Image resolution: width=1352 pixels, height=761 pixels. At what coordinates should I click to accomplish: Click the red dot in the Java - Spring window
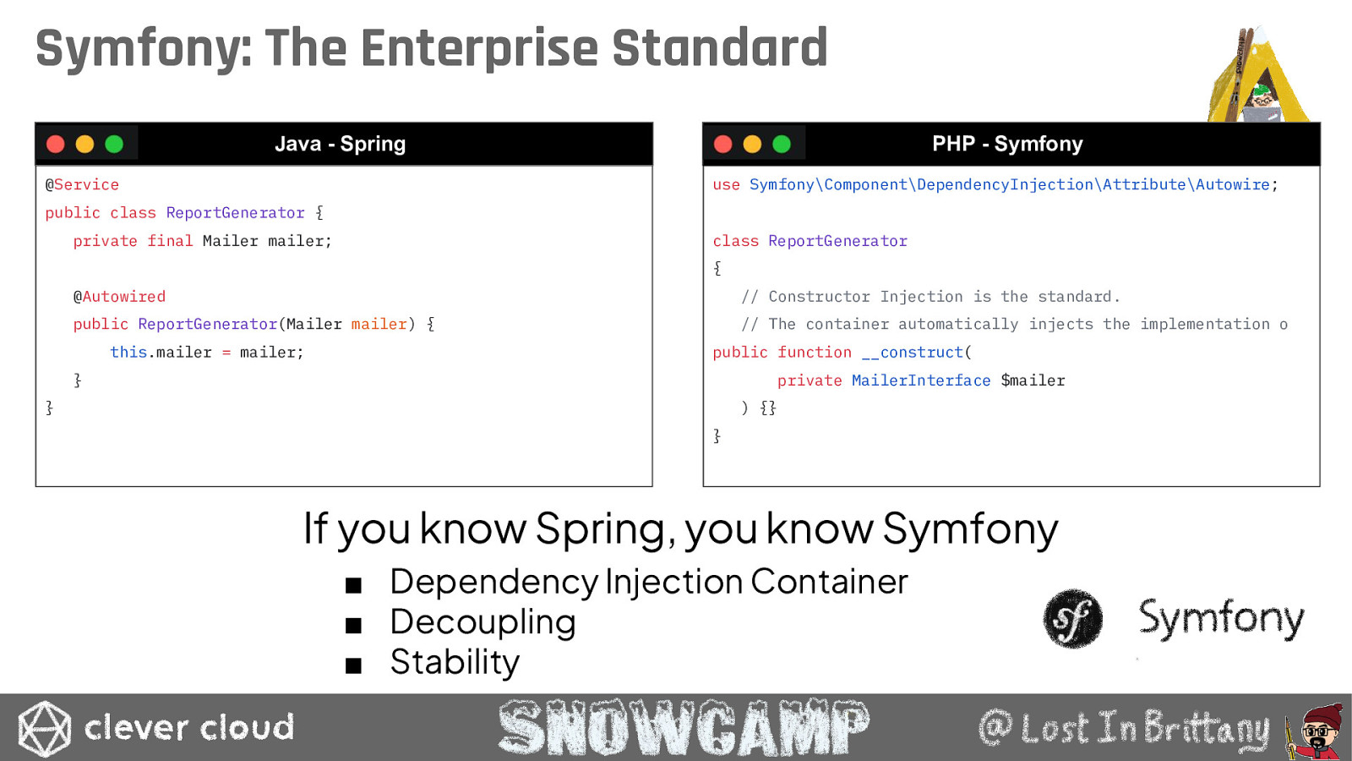56,145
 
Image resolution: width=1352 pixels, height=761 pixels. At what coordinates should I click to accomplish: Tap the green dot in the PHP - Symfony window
782,145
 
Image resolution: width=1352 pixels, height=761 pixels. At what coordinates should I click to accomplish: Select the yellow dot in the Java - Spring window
85,145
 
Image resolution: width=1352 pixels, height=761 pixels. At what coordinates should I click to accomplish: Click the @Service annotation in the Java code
82,185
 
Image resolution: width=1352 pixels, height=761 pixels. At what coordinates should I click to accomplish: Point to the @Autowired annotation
119,297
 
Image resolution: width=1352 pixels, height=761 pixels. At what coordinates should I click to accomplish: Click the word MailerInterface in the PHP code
921,380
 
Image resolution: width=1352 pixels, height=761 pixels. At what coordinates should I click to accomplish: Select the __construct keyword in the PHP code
913,353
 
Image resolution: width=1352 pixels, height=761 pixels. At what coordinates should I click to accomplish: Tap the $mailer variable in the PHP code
1033,380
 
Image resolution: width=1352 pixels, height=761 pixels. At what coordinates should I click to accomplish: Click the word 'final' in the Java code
170,241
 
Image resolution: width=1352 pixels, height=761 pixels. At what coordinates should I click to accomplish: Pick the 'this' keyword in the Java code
128,352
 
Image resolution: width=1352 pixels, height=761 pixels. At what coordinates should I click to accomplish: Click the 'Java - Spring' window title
341,144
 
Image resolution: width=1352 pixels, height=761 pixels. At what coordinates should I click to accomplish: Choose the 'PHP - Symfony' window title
1007,144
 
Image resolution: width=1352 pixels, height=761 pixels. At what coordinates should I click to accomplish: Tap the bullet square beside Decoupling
353,625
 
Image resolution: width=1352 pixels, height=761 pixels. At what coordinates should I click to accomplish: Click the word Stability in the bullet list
455,663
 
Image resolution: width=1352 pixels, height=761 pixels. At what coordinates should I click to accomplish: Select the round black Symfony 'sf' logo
1072,618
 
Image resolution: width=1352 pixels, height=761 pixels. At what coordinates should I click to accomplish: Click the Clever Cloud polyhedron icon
44,728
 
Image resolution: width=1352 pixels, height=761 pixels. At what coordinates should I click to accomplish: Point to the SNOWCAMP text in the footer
684,727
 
